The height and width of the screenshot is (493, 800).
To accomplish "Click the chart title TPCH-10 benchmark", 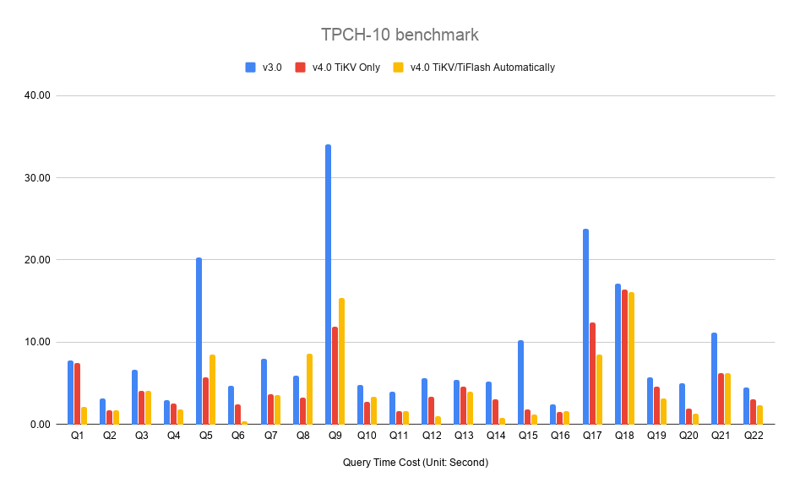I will click(x=400, y=35).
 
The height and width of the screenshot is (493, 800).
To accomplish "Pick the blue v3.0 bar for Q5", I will click(x=199, y=340).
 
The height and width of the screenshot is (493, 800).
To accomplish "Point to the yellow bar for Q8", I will click(x=309, y=388).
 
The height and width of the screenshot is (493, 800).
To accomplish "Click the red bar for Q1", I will click(x=77, y=393).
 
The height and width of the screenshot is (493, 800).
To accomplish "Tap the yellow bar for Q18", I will click(x=631, y=358).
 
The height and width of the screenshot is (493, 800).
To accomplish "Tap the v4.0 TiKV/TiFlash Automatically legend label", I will click(x=482, y=68).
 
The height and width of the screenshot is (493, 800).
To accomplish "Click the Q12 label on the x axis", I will click(x=432, y=436).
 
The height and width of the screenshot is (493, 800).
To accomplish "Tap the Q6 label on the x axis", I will click(x=238, y=436).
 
